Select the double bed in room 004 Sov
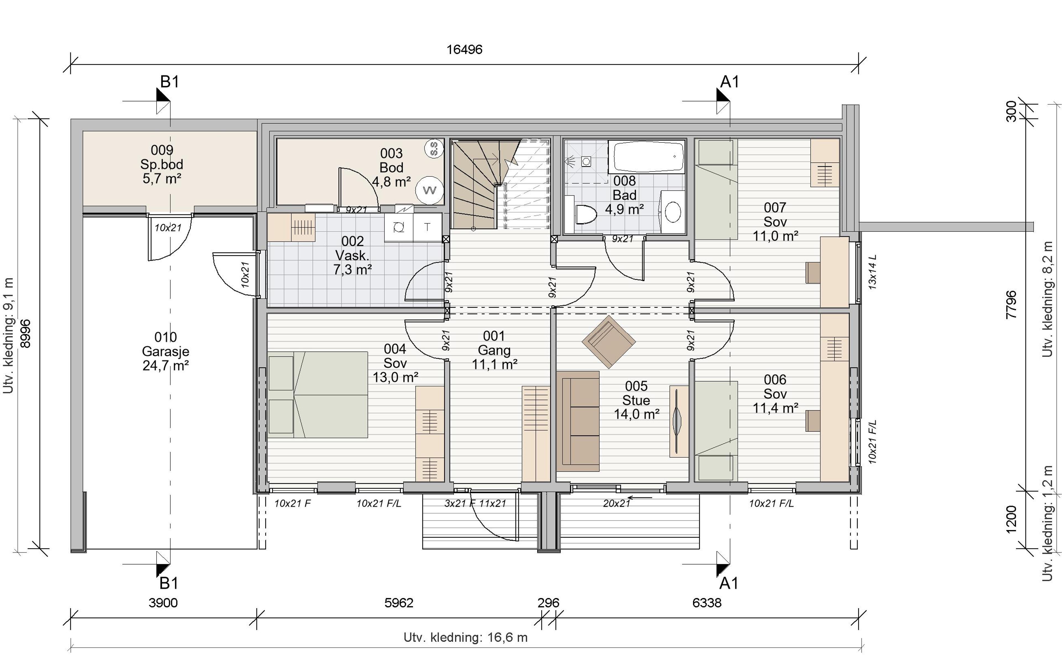pos(318,394)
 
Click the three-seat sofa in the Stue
pos(578,421)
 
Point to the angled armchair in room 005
pos(609,342)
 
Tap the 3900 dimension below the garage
pos(163,602)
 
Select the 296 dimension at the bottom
pos(548,602)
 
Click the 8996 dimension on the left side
pos(26,334)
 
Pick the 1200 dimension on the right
pos(1011,519)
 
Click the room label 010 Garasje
pos(166,351)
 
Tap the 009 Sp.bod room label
pos(162,164)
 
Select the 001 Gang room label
pos(494,350)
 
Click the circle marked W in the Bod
pos(430,190)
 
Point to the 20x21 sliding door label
pos(616,503)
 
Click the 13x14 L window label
pos(873,272)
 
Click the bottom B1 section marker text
pos(169,583)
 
